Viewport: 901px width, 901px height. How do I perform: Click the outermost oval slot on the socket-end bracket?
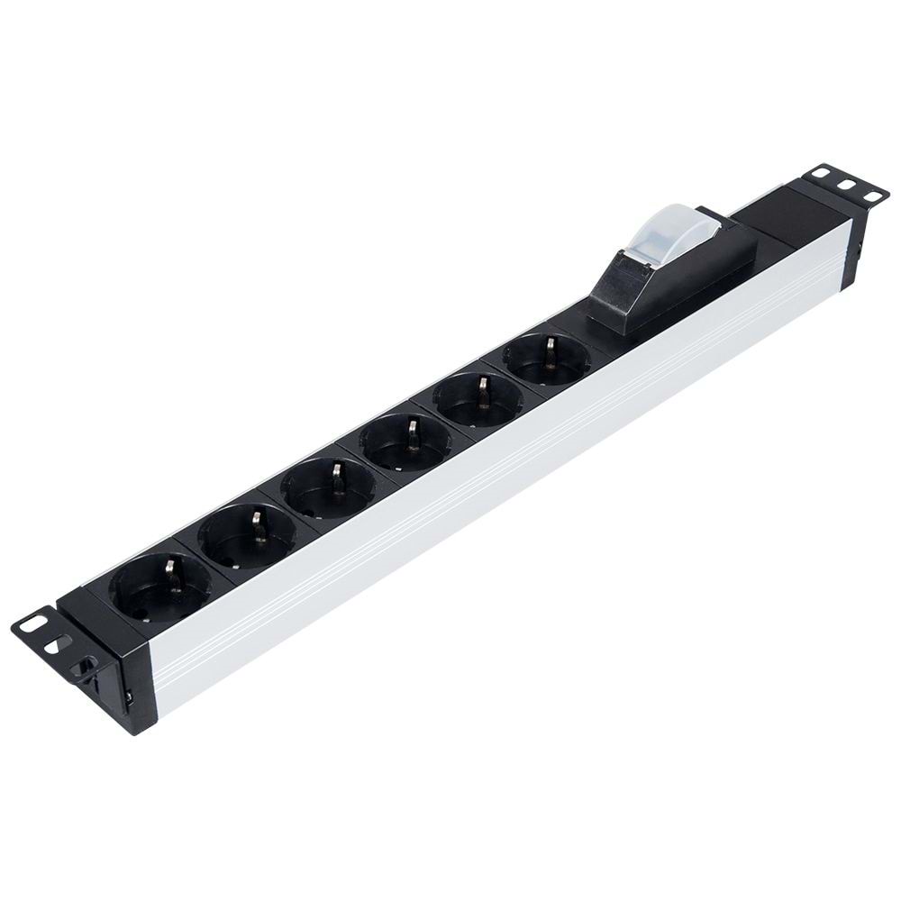33,623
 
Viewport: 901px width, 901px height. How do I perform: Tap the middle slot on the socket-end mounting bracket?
59,644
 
